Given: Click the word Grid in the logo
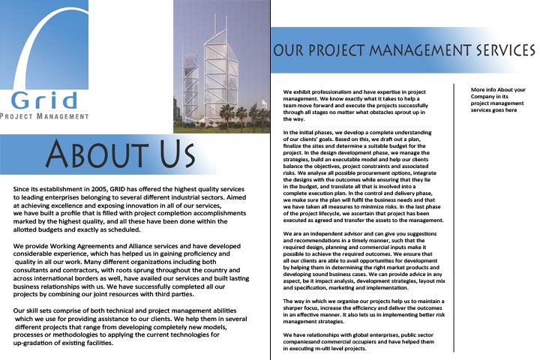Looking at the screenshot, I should (x=44, y=99).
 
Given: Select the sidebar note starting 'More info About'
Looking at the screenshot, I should (x=497, y=99).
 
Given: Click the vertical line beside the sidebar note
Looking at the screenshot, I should (x=454, y=217).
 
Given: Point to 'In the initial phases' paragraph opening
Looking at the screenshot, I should (x=313, y=132).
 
